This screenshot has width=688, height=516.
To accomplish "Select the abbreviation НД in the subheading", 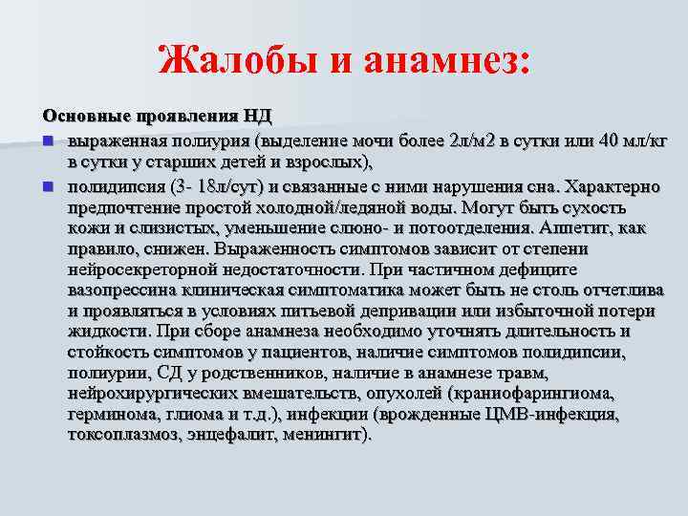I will pyautogui.click(x=257, y=117).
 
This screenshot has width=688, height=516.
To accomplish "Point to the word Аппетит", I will pyautogui.click(x=572, y=227).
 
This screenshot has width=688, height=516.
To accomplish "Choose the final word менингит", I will pyautogui.click(x=319, y=436).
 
